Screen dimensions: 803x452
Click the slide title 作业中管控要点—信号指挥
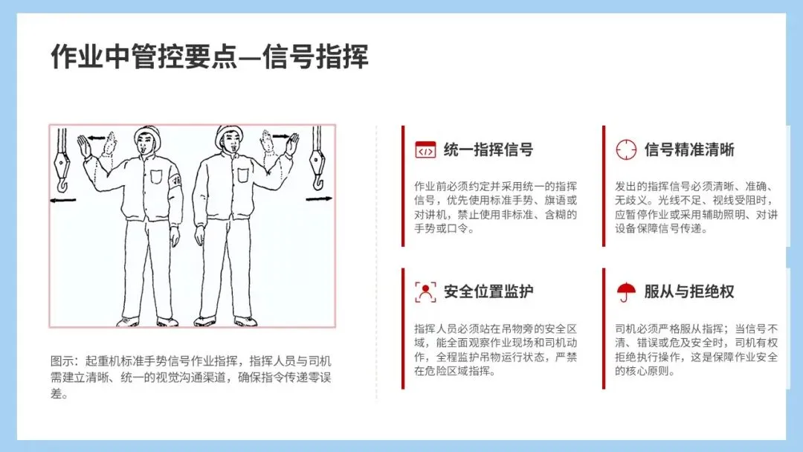[x=210, y=56]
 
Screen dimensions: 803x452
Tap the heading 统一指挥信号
[x=488, y=149]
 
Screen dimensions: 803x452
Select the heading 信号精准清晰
[x=689, y=149]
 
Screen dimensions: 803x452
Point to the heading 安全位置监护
[x=488, y=291]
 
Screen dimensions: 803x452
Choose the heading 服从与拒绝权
[x=689, y=291]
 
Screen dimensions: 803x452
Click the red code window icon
[x=425, y=150]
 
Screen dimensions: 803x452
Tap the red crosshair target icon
[x=626, y=150]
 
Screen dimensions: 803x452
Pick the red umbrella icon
[x=626, y=292]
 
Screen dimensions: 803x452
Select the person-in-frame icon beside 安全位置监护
[x=425, y=292]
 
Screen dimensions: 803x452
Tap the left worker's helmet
[x=147, y=134]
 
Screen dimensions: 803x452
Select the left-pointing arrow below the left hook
[x=63, y=200]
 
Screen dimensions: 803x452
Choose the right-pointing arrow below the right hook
[x=318, y=198]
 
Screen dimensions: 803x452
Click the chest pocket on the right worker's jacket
[x=242, y=175]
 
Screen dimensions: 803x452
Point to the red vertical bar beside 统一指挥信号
[x=403, y=186]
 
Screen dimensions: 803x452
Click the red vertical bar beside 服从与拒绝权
[x=604, y=328]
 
